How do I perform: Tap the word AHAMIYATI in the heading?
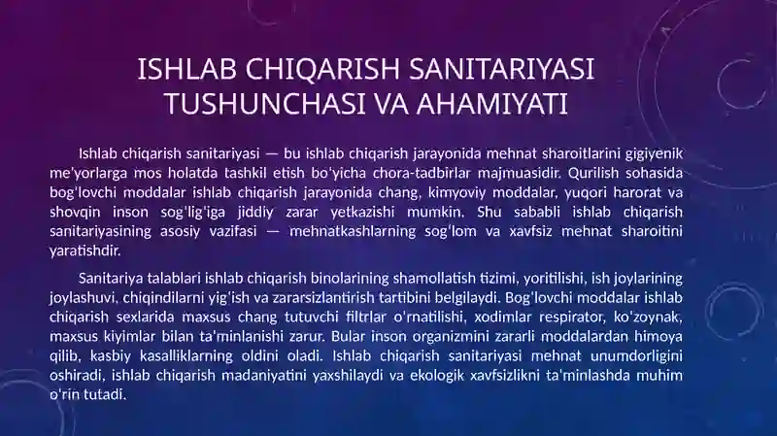491,104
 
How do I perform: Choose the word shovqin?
74,213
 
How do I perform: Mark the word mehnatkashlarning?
353,231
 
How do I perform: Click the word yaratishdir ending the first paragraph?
85,251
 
